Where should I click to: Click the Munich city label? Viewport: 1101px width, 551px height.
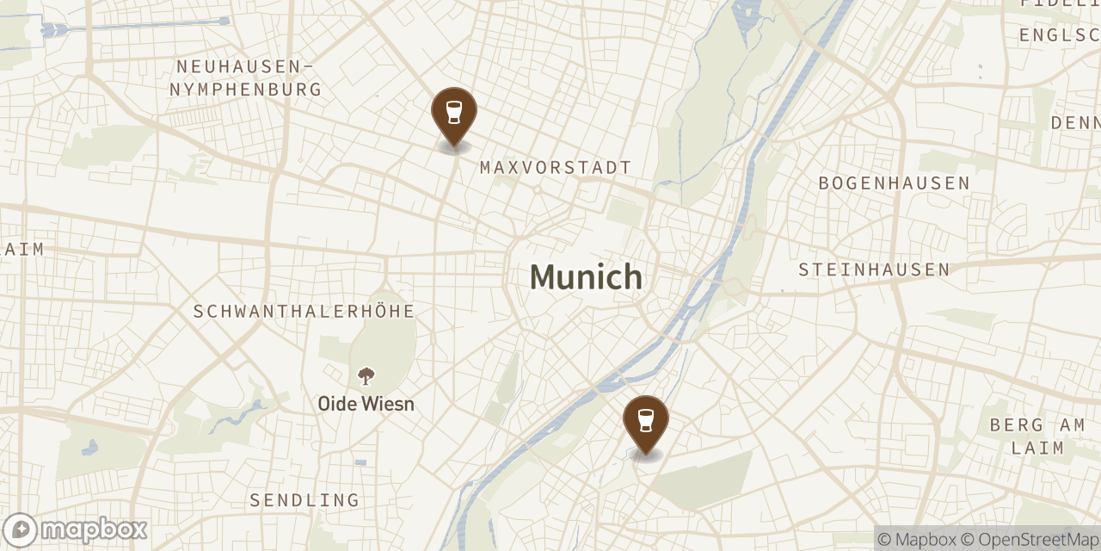point(586,277)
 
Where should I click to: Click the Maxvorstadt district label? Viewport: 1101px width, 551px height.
point(556,168)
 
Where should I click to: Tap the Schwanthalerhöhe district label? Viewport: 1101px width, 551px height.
point(304,312)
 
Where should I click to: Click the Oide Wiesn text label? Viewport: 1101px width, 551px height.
point(366,404)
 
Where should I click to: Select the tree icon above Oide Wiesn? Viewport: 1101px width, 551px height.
point(366,376)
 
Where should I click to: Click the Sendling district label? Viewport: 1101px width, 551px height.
point(304,500)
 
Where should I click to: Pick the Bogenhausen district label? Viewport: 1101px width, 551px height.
point(894,183)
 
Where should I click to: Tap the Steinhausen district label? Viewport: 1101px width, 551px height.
point(874,270)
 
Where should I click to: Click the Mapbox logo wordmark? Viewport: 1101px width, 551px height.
point(94,529)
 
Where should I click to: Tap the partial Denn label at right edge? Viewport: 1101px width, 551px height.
point(1075,123)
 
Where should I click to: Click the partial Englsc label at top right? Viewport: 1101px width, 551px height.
point(1059,35)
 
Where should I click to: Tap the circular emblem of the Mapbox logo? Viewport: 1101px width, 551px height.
point(20,529)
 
